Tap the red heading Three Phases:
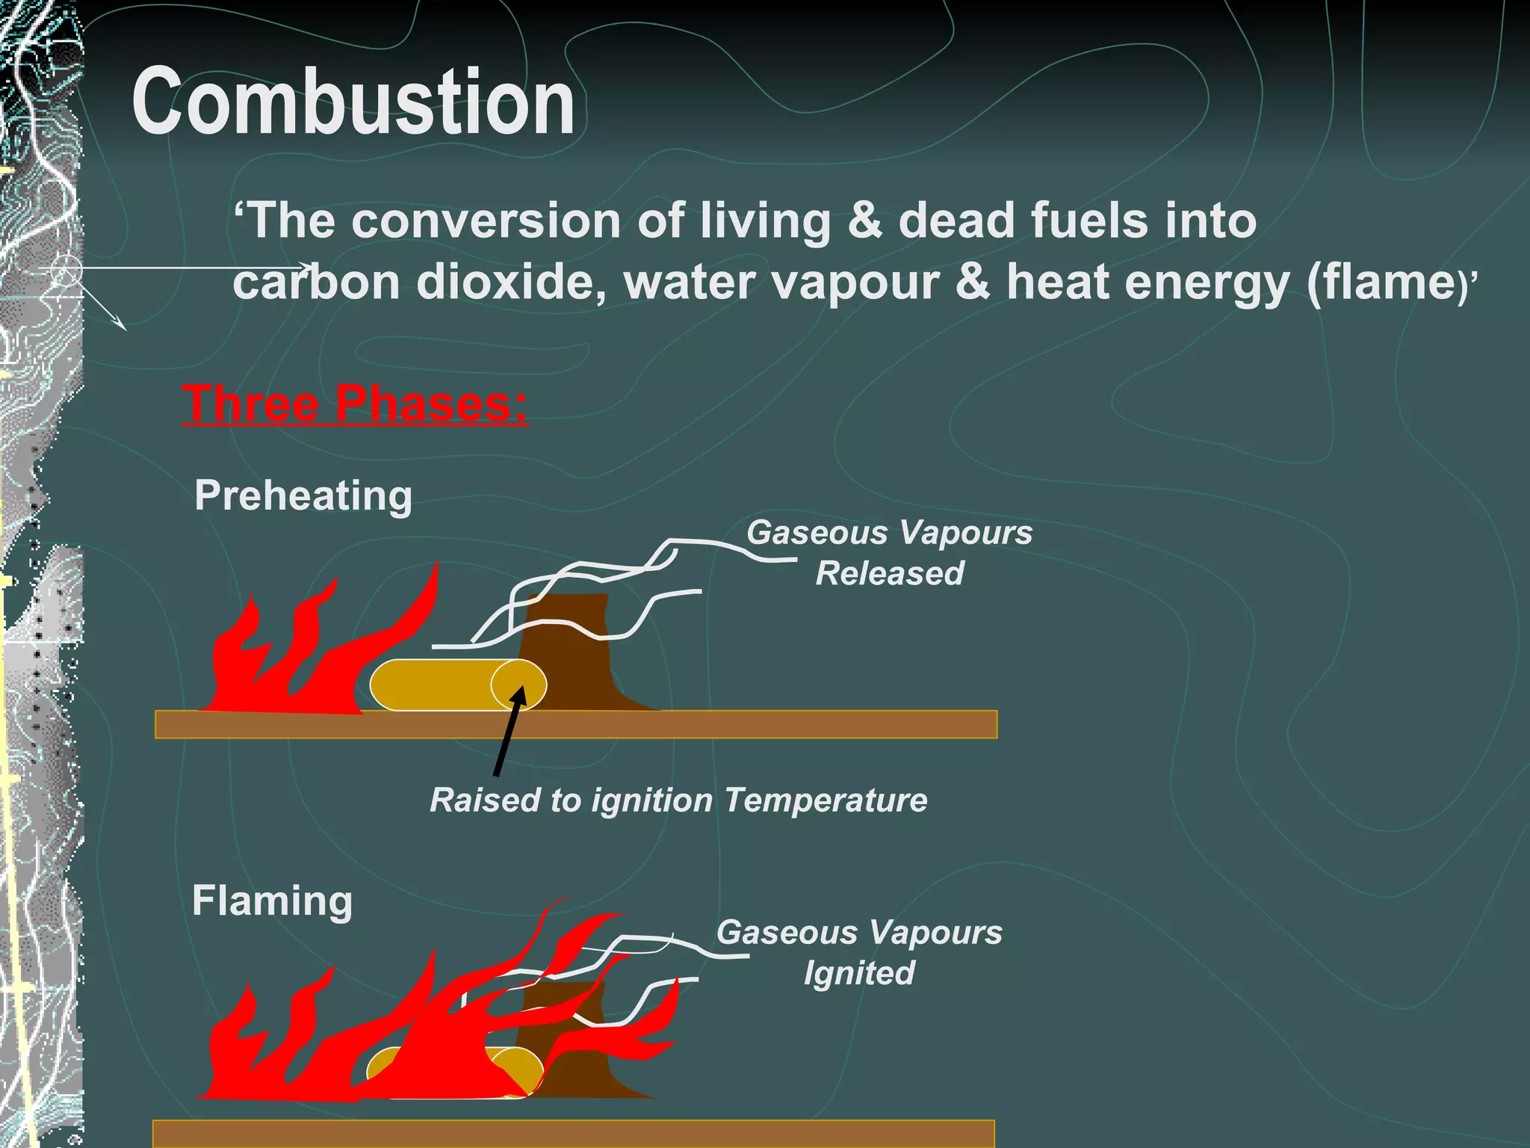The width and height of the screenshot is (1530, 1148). [355, 404]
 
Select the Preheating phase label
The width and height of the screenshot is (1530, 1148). [303, 496]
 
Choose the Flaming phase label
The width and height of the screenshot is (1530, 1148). [272, 901]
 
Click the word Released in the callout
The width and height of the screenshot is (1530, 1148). [889, 573]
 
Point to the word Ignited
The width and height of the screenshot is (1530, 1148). [859, 973]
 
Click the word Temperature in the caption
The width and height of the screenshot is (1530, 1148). [826, 800]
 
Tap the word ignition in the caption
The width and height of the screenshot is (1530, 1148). [652, 800]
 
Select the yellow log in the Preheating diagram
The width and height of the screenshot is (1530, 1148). [433, 685]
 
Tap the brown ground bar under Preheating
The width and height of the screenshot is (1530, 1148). [575, 724]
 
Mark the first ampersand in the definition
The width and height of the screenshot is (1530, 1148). [865, 221]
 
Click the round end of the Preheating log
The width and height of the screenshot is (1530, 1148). [518, 685]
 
